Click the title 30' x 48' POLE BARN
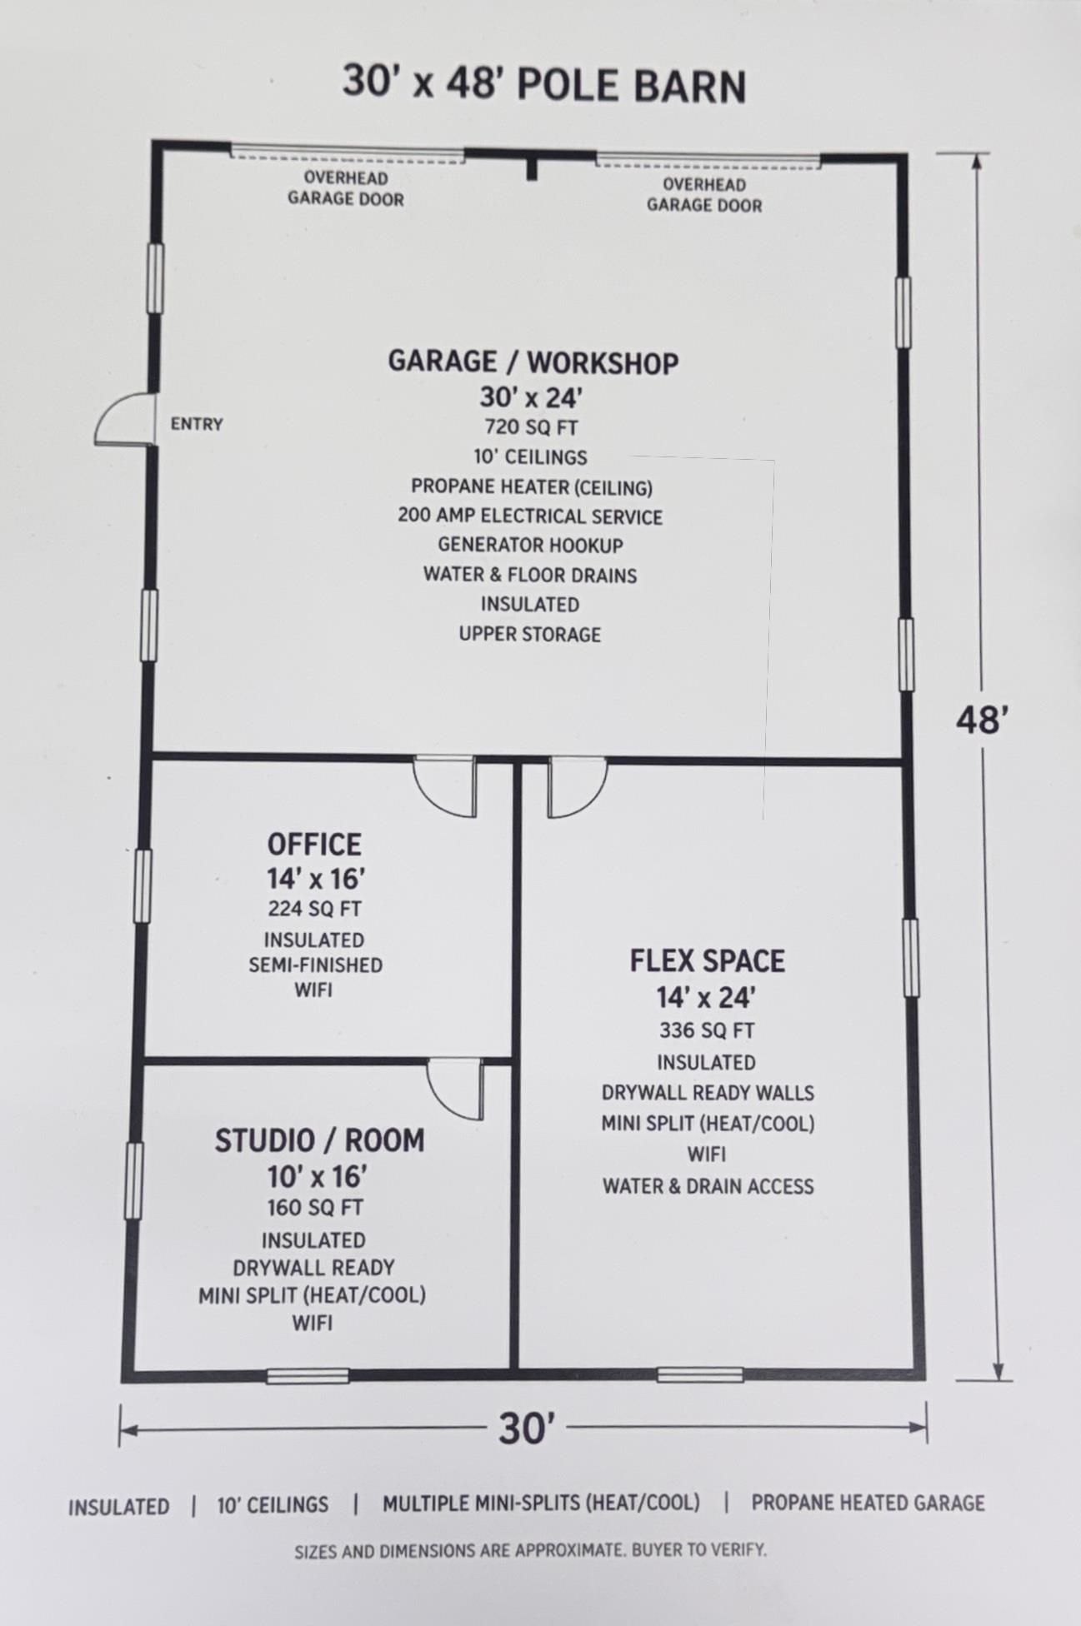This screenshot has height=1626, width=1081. pos(543,84)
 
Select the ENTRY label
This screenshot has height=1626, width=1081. pos(197,424)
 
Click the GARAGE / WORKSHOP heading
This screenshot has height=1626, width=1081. pos(533,362)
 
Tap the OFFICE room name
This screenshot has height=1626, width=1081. pos(314,845)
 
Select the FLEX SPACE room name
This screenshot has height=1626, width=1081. pos(707,961)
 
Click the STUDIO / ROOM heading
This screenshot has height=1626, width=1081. pos(319,1140)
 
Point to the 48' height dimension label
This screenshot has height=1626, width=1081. pos(983,720)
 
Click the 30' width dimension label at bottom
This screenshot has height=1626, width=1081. pos(526,1429)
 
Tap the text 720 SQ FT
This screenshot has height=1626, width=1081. pos(531,427)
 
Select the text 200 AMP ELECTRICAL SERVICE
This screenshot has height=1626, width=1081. pos(530,516)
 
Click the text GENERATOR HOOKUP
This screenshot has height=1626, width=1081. pos(530,546)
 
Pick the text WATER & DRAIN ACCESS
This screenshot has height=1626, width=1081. pos(708,1186)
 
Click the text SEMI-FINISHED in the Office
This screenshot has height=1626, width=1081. pos(315,965)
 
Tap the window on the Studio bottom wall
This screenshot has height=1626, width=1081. pos(308,1376)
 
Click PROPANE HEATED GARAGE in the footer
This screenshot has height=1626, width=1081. pos(868,1503)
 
